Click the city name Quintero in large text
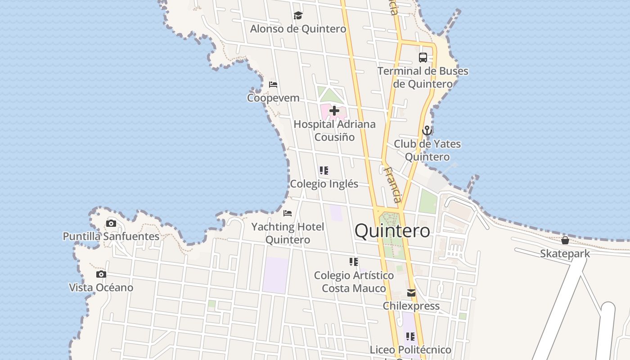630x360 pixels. [x=392, y=231]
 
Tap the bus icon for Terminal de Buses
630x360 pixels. [x=423, y=58]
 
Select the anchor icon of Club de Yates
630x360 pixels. [x=427, y=131]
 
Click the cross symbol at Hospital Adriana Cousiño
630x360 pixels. [x=334, y=111]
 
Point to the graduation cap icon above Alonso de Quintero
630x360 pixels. [x=298, y=16]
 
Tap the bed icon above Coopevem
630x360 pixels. [x=273, y=85]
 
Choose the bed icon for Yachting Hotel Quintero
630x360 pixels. [x=288, y=213]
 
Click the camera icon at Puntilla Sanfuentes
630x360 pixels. [x=111, y=223]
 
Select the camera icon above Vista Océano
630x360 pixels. [x=101, y=274]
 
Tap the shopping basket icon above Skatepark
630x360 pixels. [x=565, y=240]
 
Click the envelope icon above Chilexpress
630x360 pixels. [x=411, y=293]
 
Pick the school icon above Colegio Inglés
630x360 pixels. [x=324, y=171]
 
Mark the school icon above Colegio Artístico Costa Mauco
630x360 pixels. [x=354, y=262]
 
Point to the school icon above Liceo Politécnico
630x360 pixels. [x=410, y=337]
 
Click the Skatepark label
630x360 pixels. [x=565, y=253]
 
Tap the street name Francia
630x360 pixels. [x=392, y=184]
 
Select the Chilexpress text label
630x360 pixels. [x=411, y=306]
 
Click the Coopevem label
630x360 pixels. [x=273, y=98]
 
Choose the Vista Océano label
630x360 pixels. [x=101, y=287]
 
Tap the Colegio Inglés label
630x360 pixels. [x=324, y=184]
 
